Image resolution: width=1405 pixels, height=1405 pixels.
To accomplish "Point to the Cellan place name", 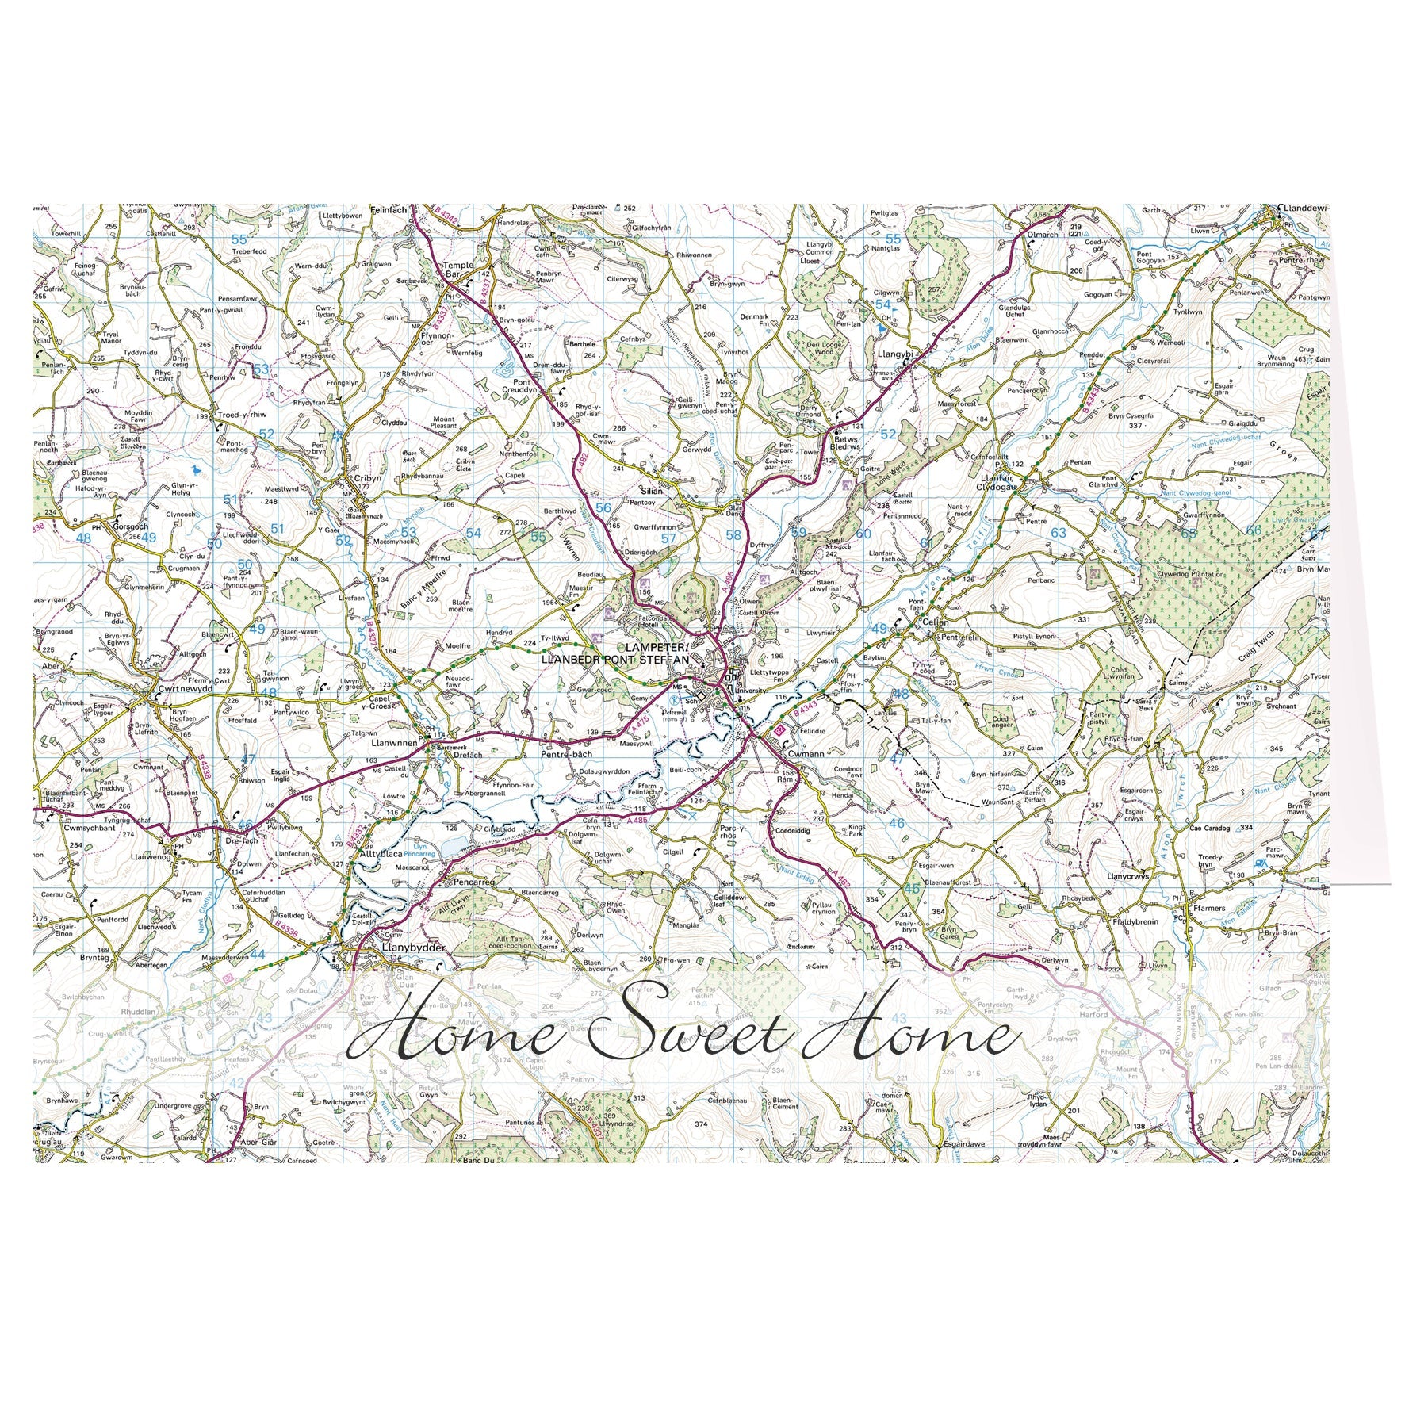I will (x=936, y=622).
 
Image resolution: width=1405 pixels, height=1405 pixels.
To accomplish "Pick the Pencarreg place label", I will (x=473, y=881).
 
